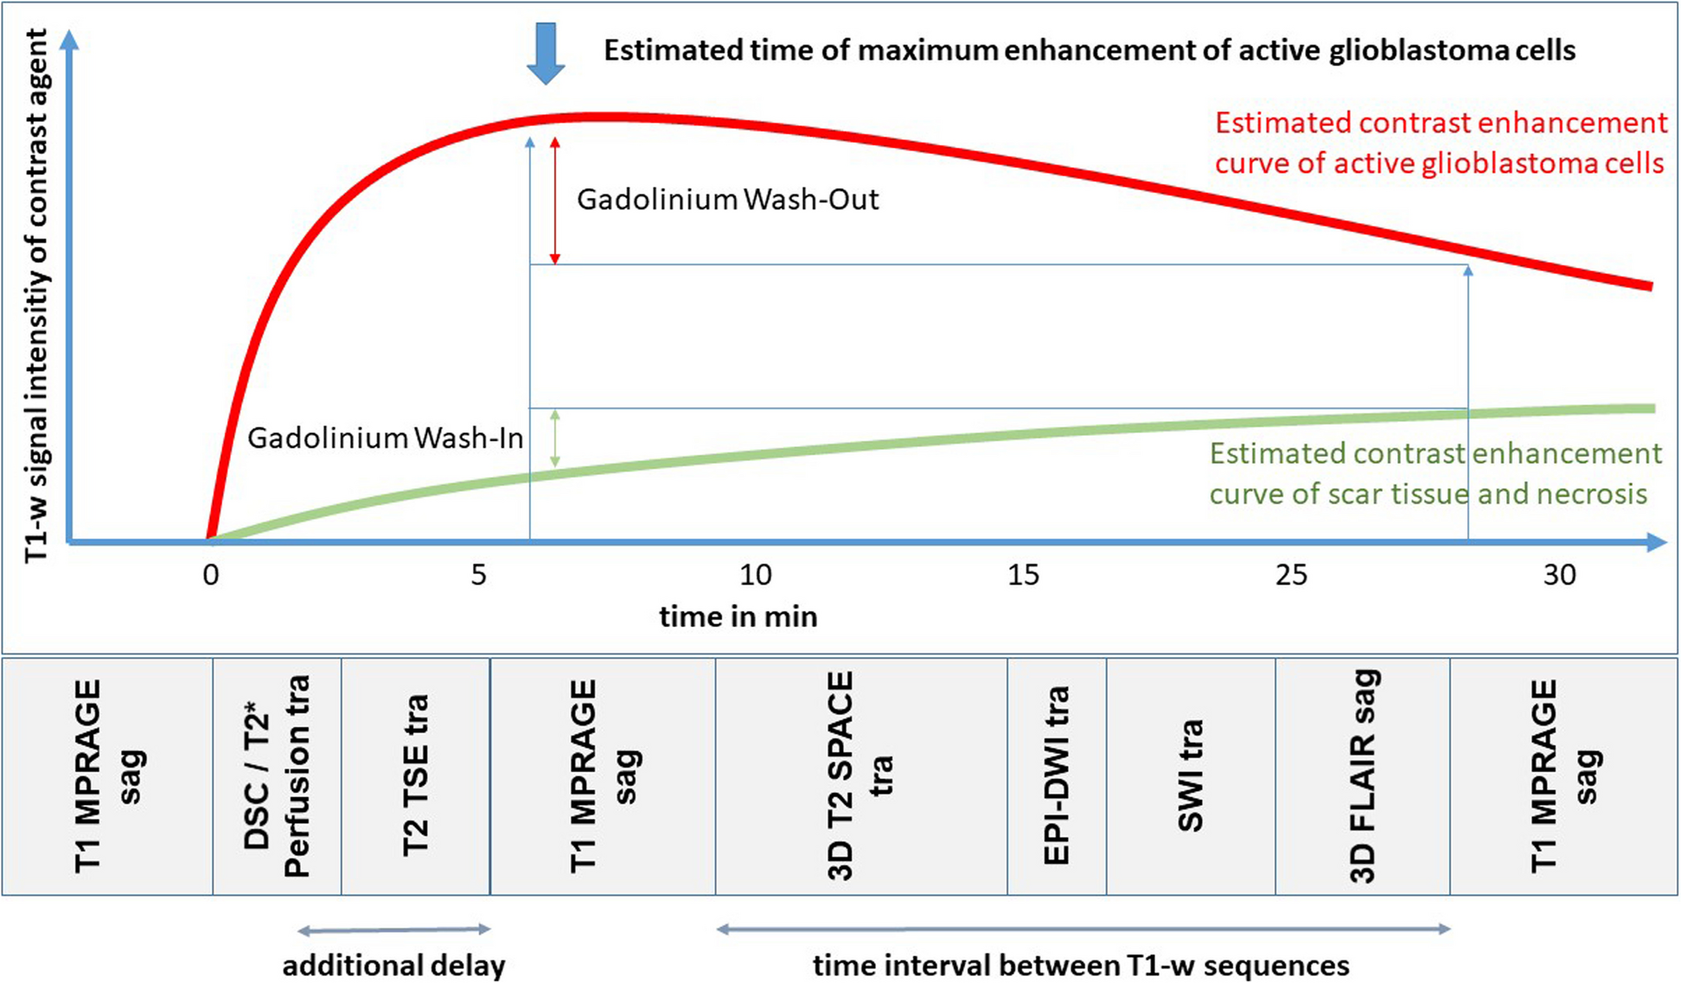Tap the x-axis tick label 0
pos(211,576)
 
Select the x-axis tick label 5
pos(478,576)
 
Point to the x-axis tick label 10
pos(755,576)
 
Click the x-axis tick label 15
pos(1023,576)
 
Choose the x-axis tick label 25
pos(1291,576)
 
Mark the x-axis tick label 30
pos(1559,576)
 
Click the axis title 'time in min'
pos(738,617)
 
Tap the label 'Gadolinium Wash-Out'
pos(727,200)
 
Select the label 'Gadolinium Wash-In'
pos(385,438)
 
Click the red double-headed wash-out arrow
pos(555,201)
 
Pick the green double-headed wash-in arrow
pos(555,439)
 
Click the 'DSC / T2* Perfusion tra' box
pos(277,776)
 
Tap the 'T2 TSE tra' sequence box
pos(416,776)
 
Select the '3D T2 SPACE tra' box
pos(861,776)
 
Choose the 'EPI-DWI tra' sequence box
pos(1057,776)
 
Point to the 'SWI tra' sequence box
pos(1191,776)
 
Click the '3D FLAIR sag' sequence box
pos(1363,776)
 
